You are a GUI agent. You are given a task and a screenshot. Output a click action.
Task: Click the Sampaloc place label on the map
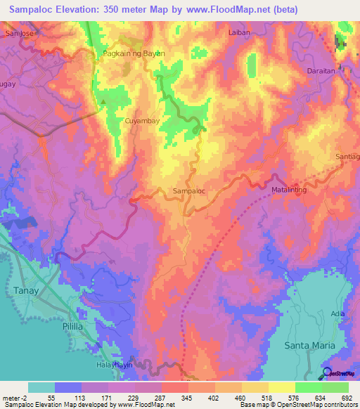click(188, 190)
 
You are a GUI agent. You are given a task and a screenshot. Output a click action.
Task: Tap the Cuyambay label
click(143, 122)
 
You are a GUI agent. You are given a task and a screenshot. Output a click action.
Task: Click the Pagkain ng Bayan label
click(122, 53)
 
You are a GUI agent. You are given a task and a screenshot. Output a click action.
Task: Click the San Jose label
click(19, 32)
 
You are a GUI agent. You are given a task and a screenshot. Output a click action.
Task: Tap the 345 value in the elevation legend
click(175, 398)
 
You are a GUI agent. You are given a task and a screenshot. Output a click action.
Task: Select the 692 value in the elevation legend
click(347, 398)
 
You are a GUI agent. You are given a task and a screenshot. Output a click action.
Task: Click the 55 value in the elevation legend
click(52, 398)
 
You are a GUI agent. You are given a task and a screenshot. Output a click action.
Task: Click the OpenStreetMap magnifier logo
click(327, 374)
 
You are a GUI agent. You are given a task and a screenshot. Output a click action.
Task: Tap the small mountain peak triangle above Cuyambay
click(103, 102)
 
